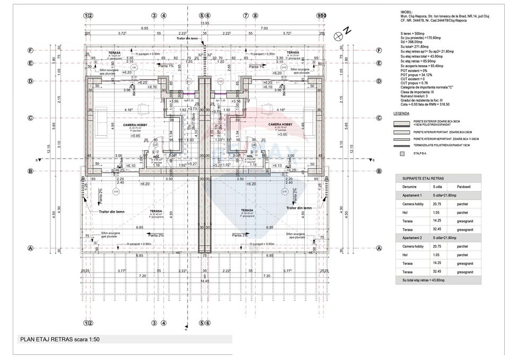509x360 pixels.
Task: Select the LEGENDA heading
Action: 401,114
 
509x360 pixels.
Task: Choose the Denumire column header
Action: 409,187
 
